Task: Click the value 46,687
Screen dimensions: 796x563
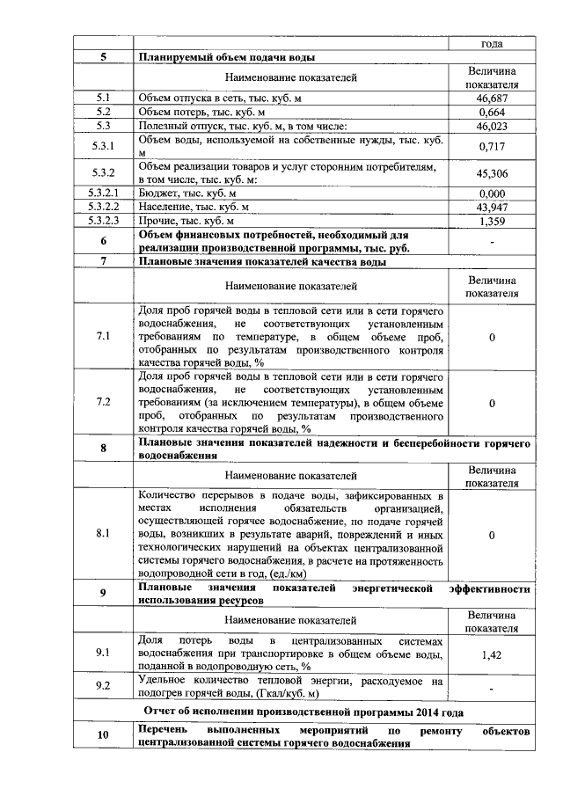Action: (492, 99)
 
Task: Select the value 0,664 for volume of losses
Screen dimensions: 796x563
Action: (492, 113)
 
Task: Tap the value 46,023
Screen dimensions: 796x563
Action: (492, 127)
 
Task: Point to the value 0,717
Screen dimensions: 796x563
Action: (492, 146)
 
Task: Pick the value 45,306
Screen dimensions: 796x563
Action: (492, 173)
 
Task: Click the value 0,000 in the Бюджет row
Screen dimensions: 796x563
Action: (492, 194)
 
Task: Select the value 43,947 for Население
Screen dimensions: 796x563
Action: (492, 207)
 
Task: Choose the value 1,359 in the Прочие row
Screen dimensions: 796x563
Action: (492, 221)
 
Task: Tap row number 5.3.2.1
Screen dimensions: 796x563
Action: (103, 194)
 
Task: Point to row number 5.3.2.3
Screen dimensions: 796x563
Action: (103, 221)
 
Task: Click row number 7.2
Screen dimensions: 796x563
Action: (103, 402)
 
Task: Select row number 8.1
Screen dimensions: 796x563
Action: (103, 534)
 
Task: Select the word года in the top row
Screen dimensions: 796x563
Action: (492, 43)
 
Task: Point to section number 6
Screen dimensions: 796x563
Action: (103, 241)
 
